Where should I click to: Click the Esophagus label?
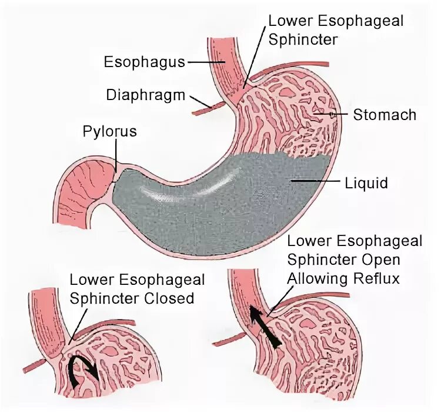point(145,61)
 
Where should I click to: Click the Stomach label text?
point(385,114)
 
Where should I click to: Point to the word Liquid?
point(366,183)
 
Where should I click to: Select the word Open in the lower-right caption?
point(383,259)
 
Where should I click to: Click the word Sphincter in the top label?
point(304,39)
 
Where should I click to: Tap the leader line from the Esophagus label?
point(203,61)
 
